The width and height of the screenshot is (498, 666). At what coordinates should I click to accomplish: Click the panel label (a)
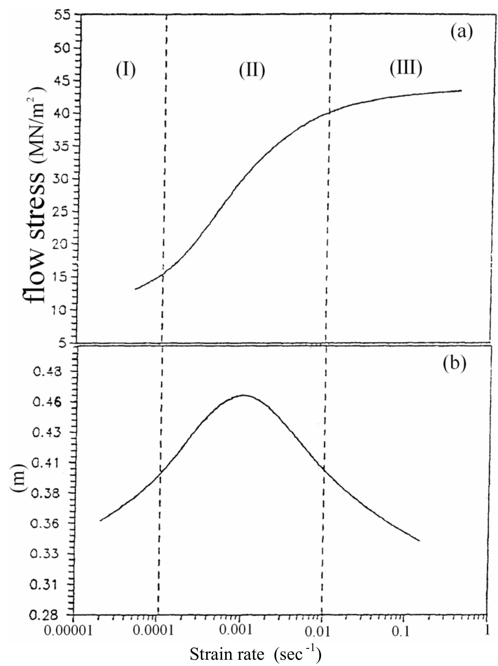coord(461,32)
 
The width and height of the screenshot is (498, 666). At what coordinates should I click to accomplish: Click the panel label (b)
coord(455,363)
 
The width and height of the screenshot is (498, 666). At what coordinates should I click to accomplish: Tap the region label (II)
coord(252,70)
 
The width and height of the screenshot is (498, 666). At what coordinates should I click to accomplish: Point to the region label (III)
coord(406,68)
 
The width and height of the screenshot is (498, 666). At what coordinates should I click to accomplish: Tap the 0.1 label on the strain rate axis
coord(403,630)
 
